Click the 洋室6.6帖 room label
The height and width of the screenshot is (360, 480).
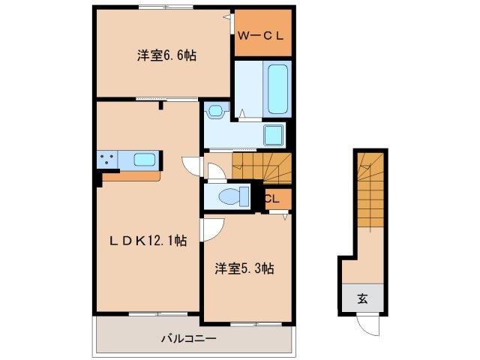pyautogui.click(x=166, y=55)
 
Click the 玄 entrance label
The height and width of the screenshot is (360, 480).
pyautogui.click(x=362, y=298)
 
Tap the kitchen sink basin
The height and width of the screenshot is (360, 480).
pyautogui.click(x=145, y=159)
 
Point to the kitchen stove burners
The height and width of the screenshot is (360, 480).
pyautogui.click(x=106, y=160)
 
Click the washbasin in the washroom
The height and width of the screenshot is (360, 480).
pyautogui.click(x=217, y=111)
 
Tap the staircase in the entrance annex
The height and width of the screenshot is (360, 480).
pyautogui.click(x=370, y=195)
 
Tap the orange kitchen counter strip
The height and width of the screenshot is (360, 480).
pyautogui.click(x=131, y=177)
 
